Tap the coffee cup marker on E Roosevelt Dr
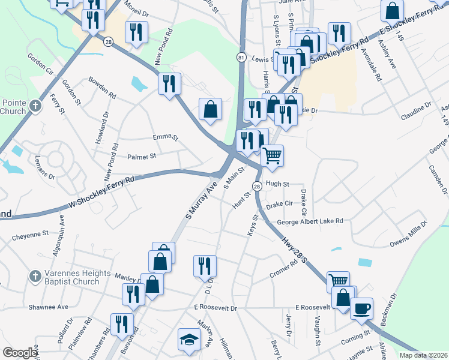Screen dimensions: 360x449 361,309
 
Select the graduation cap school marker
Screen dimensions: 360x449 189,340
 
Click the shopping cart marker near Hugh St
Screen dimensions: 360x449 273,156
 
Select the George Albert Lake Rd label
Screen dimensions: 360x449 310,221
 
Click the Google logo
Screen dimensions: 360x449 20,353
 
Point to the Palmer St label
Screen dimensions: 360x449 142,156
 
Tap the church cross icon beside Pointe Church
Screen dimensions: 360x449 35,107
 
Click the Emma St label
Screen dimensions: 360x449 166,137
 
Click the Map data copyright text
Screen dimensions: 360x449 423,355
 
